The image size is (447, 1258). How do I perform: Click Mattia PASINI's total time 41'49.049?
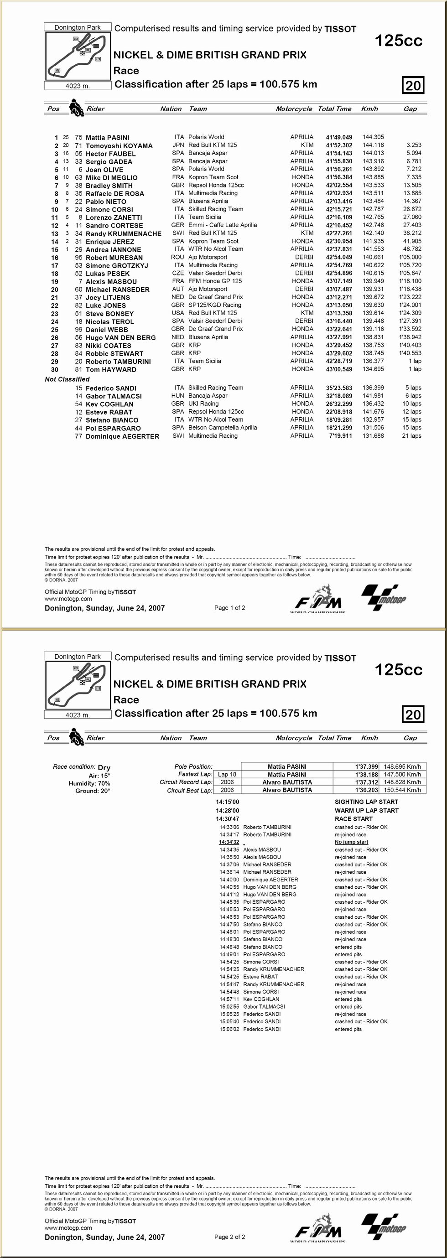click(x=338, y=137)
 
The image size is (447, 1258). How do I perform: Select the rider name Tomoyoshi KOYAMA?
click(x=119, y=145)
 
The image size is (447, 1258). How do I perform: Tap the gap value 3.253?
click(x=413, y=145)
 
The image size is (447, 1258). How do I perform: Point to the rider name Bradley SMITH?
click(x=109, y=186)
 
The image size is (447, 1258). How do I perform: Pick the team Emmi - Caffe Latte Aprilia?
click(x=222, y=225)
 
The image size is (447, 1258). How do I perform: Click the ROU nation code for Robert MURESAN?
click(x=177, y=257)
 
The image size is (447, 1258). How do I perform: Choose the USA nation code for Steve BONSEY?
click(x=177, y=313)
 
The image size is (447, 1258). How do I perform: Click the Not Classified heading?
click(x=67, y=379)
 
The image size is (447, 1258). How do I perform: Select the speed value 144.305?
click(x=373, y=137)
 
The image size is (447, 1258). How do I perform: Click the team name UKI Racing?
click(x=203, y=404)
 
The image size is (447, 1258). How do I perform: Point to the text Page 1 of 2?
click(x=229, y=608)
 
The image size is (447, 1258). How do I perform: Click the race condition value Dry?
click(x=104, y=767)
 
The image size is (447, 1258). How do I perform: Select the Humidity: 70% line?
click(x=89, y=783)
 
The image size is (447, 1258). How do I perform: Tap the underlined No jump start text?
click(x=351, y=842)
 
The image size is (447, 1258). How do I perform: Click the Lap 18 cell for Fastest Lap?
click(x=227, y=774)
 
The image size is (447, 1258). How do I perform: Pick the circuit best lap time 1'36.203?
click(x=366, y=790)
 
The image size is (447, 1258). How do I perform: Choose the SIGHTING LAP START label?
click(x=366, y=802)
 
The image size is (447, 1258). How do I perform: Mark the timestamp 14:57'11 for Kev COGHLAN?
click(x=229, y=999)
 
